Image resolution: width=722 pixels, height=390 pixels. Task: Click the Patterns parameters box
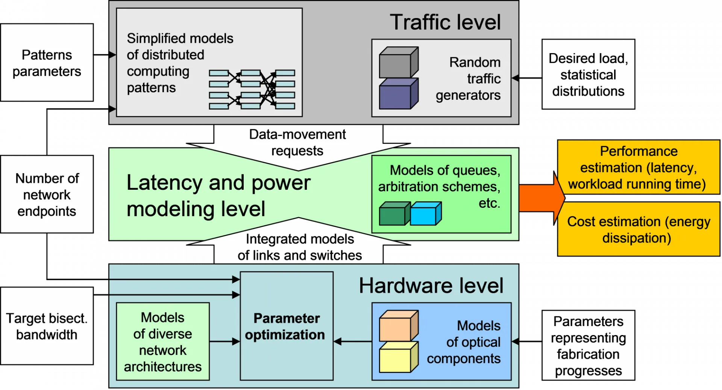[x=47, y=62]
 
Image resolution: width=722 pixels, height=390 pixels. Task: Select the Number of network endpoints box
[x=47, y=194]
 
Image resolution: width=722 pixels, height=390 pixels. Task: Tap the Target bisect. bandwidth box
[x=47, y=326]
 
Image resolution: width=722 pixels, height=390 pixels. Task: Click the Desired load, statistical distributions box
[x=588, y=74]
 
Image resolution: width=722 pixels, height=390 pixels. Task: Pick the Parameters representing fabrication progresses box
[x=588, y=345]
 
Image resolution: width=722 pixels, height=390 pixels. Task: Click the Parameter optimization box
[x=287, y=326]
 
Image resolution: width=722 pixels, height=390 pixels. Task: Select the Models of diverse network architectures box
[x=163, y=341]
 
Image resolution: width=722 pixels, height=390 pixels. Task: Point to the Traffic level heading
[x=445, y=22]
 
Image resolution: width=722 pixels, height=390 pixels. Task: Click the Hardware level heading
[x=431, y=286]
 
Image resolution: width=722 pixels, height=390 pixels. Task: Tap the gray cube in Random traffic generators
[x=399, y=62]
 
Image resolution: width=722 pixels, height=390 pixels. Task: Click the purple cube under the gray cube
[x=399, y=94]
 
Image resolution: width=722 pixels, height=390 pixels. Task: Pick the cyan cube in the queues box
[x=426, y=213]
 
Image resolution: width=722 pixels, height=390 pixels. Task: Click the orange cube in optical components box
[x=399, y=326]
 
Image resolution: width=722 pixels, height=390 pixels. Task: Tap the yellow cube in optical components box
[x=399, y=357]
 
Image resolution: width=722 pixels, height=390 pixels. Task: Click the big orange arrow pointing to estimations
[x=541, y=198]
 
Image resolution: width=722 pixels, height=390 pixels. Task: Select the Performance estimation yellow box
[x=639, y=167]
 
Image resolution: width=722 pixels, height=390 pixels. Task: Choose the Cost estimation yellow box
[x=639, y=229]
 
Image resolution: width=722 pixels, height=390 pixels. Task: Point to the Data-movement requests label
[x=297, y=142]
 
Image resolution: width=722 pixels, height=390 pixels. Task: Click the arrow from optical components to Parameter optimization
[x=353, y=341]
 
